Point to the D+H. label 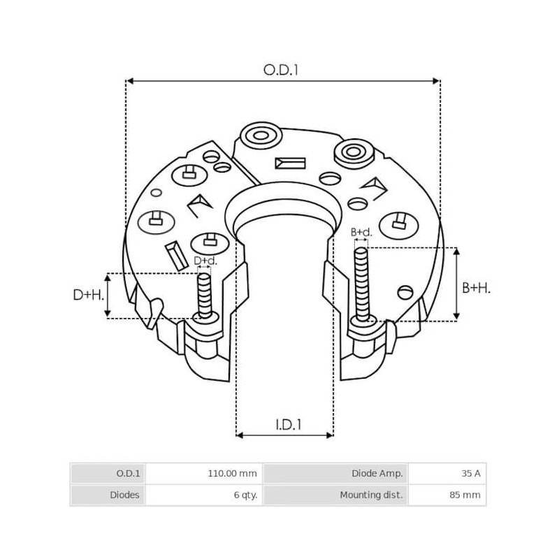pos(88,295)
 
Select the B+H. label pos(477,287)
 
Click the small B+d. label pos(361,231)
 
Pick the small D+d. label pos(205,261)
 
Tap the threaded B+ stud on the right pos(361,283)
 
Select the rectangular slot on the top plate pos(290,164)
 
